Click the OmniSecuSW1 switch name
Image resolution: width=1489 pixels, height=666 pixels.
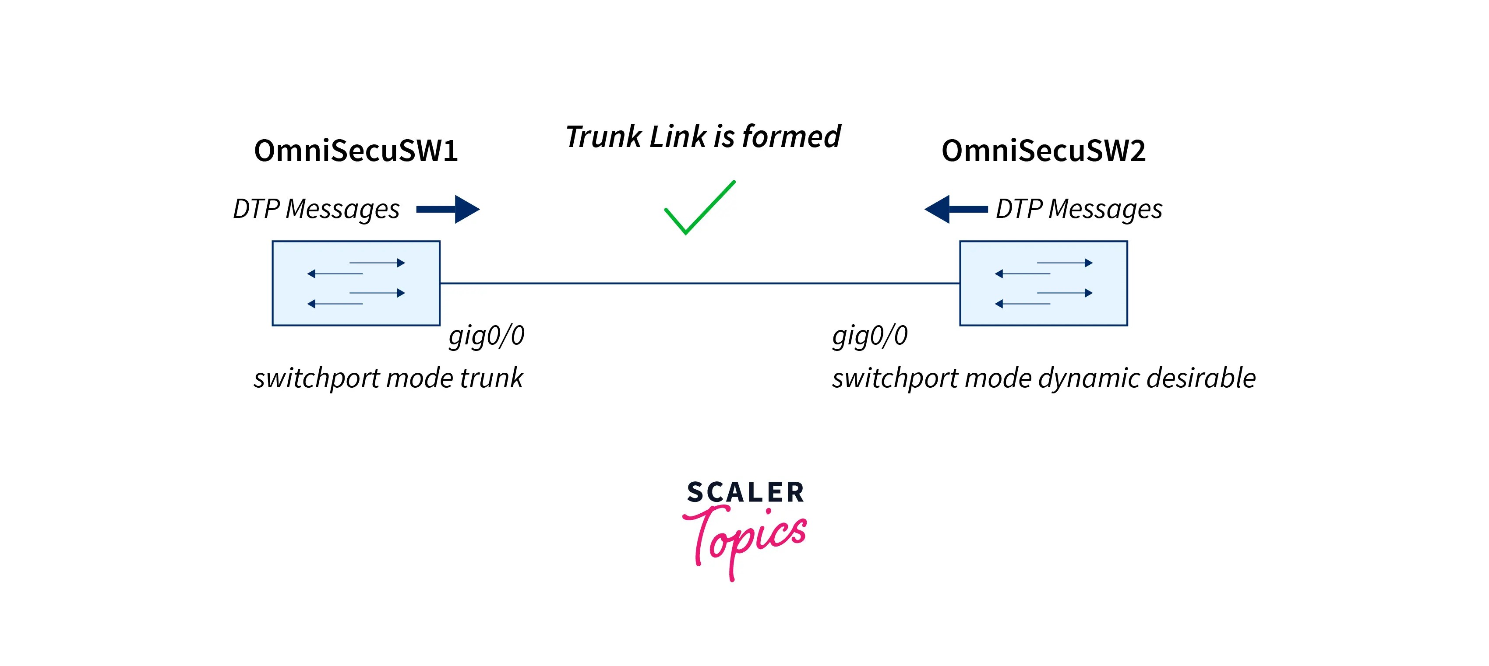pos(356,151)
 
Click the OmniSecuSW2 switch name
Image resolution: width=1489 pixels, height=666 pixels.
pos(1043,151)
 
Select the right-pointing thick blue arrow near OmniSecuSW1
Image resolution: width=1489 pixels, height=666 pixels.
pos(448,209)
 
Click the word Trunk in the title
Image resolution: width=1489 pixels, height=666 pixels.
pos(603,137)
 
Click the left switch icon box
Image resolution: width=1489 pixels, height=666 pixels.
pos(356,283)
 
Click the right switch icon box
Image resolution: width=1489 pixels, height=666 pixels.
pos(1043,283)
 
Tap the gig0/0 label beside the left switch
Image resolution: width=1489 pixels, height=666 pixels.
pos(486,336)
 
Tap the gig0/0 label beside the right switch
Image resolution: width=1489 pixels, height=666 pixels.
pos(869,336)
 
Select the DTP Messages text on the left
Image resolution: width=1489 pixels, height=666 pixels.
pos(316,209)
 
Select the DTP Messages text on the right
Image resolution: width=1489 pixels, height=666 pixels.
pos(1079,209)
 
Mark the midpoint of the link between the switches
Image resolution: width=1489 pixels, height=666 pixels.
pos(699,283)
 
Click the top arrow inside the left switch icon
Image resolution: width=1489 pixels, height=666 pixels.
pos(377,263)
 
